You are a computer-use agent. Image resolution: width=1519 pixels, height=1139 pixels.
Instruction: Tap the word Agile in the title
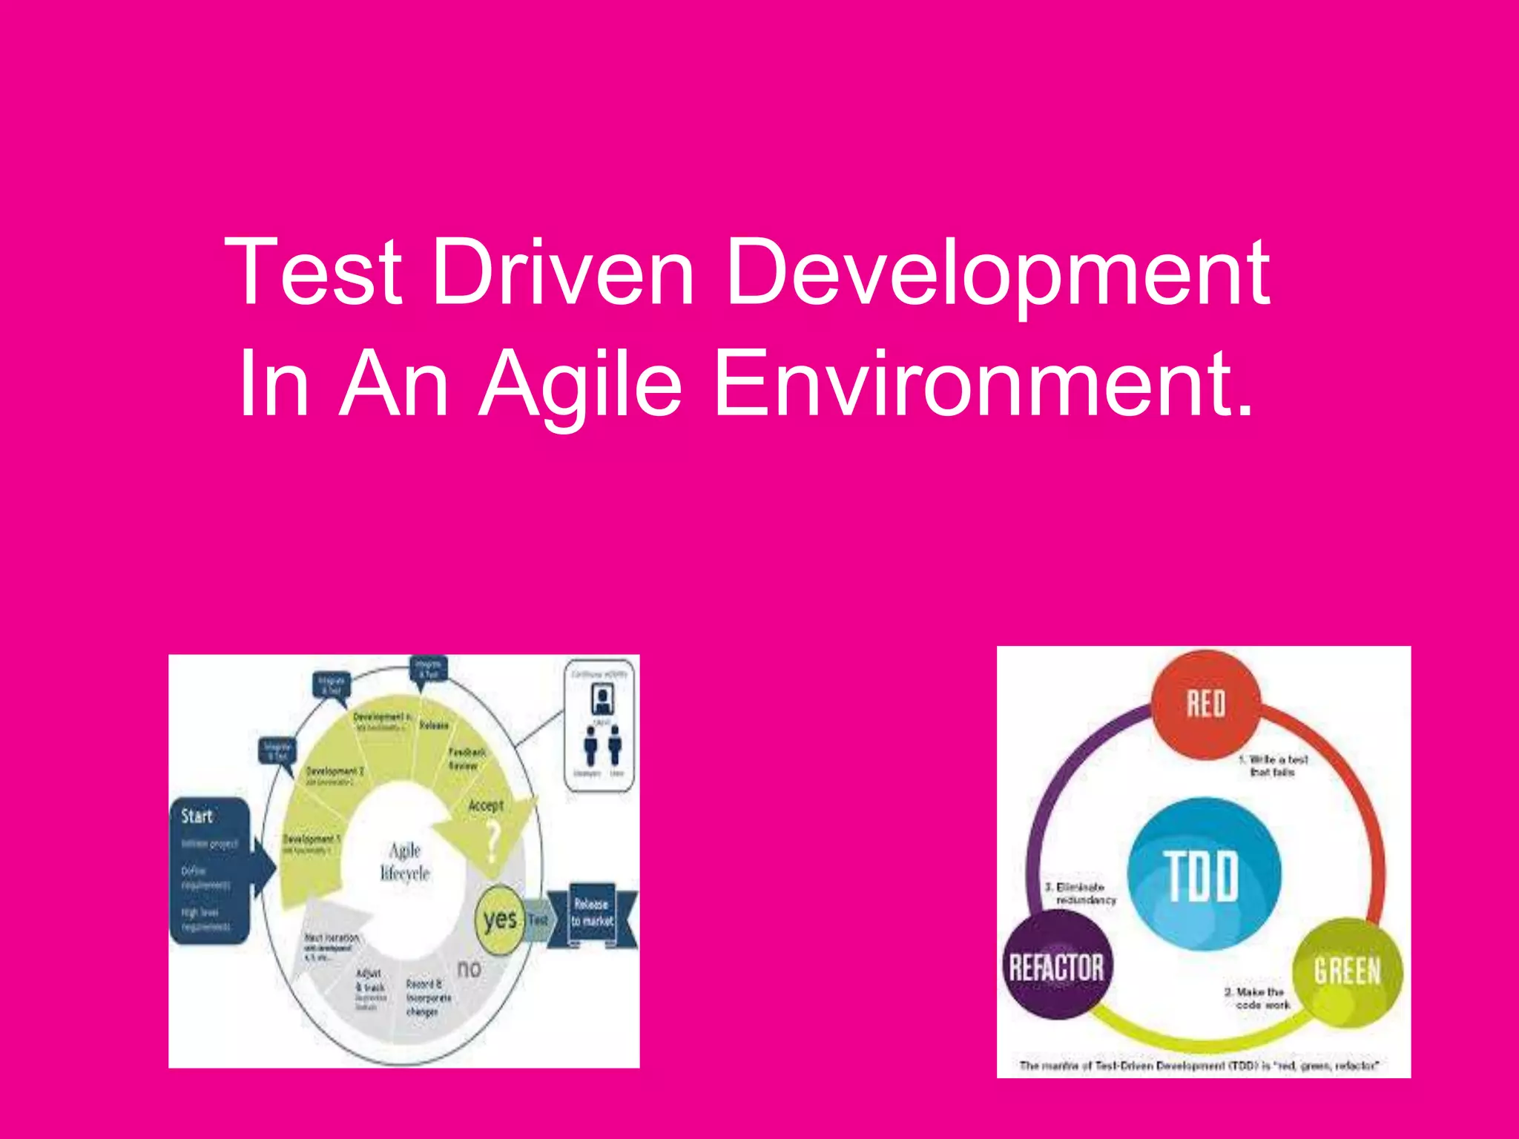pos(580,386)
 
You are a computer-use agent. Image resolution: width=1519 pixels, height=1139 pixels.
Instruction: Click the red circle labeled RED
pos(1205,704)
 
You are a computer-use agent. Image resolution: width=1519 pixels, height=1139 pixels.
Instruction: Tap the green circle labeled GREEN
pos(1347,971)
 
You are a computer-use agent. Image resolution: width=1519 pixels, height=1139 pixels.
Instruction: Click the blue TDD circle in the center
pos(1203,875)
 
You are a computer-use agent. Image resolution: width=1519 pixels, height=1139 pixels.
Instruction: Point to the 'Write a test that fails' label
pos(1273,765)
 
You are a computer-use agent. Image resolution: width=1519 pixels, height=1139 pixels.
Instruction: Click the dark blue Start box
pos(209,871)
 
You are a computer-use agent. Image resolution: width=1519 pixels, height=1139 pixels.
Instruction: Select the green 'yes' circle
pos(500,920)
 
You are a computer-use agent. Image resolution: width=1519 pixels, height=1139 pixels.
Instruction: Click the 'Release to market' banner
pos(592,913)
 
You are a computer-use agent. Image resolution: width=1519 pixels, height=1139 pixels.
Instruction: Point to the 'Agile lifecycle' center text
pos(405,862)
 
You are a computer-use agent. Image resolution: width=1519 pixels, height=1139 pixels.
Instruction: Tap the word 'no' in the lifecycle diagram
pos(469,968)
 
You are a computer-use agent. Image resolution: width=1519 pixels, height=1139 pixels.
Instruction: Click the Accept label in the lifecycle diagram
pos(486,805)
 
